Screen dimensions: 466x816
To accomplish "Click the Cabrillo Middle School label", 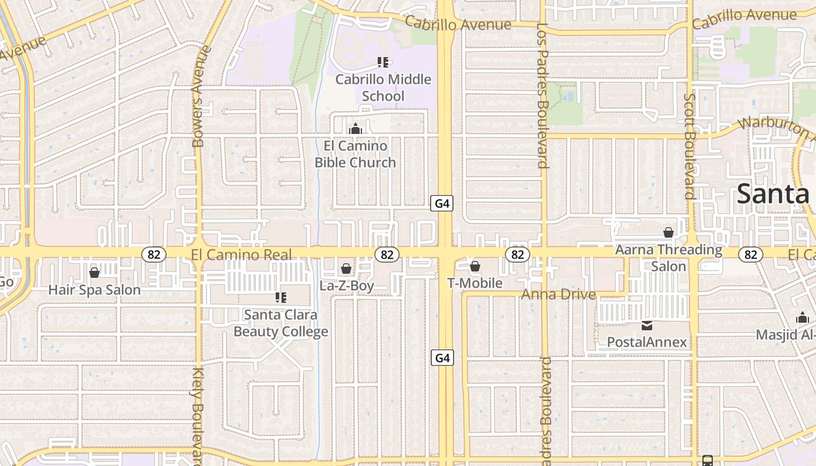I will tap(383, 87).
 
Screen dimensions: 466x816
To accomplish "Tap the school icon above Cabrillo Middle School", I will tap(383, 62).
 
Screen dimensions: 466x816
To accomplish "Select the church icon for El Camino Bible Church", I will tap(355, 129).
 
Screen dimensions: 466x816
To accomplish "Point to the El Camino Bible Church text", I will tap(355, 154).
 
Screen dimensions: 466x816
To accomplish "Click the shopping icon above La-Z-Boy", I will tap(346, 269).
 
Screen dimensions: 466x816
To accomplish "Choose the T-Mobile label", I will tap(474, 283).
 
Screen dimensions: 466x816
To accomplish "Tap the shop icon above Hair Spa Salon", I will tap(94, 273).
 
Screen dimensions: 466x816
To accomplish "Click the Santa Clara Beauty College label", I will tap(281, 323).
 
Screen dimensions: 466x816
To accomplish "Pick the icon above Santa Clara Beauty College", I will tap(281, 298).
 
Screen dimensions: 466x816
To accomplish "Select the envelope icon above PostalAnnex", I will tap(647, 325).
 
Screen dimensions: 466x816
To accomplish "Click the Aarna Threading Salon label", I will tap(669, 257).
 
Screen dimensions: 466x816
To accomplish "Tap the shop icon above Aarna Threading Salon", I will tap(669, 232).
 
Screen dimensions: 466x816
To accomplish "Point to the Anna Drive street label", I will tap(558, 294).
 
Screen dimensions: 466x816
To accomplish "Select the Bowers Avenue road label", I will tap(199, 96).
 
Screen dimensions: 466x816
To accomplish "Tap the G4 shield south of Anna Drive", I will tap(442, 357).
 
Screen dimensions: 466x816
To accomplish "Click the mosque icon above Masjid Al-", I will tap(803, 318).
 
